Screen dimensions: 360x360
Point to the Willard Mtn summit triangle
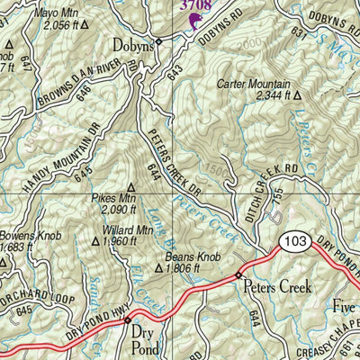[x=97, y=240]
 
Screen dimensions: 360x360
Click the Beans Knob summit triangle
[x=158, y=267]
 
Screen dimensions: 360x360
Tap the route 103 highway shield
[x=293, y=241]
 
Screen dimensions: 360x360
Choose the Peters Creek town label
[x=276, y=288]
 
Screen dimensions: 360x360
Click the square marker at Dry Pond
[x=128, y=319]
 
